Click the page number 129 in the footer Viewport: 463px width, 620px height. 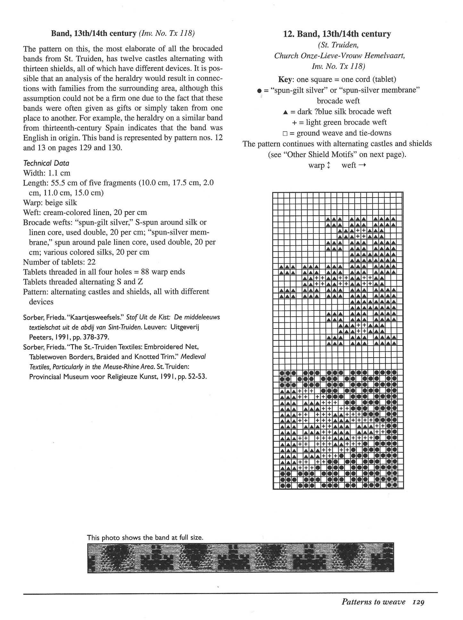(419, 602)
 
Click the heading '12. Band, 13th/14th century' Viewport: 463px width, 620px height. (337, 34)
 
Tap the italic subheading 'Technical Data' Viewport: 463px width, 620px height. (46, 163)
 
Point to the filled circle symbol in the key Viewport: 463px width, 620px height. (259, 91)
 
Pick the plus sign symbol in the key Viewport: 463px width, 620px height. (294, 123)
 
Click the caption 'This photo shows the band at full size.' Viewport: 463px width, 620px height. (145, 537)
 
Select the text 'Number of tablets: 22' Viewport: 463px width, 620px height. (59, 262)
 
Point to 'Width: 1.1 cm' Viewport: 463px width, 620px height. (46, 173)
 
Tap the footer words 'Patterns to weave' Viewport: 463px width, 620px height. (374, 602)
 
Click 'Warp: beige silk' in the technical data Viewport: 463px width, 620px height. (50, 203)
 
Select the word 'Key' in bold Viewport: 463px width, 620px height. (286, 80)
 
